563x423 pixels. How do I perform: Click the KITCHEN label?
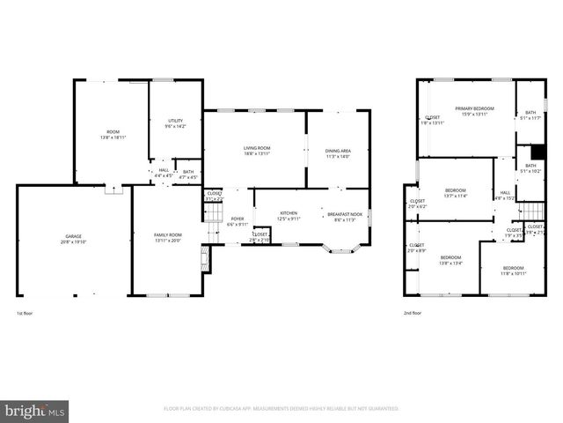pos(289,213)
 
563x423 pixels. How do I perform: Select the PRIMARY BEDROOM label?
pos(474,108)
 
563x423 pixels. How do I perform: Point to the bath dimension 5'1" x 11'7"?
pos(530,118)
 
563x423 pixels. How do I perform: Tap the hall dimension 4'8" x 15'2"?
pos(504,198)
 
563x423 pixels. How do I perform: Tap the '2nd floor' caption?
pos(413,313)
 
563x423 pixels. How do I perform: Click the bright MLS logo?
pos(35,411)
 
